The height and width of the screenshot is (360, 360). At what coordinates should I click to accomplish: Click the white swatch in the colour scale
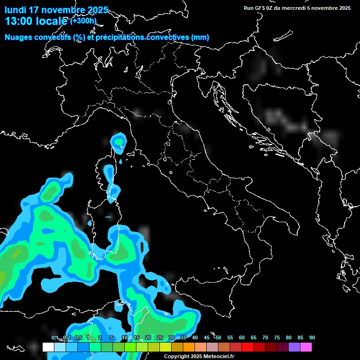[48, 347]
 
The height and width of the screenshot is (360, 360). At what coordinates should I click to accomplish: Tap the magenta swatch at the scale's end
[306, 347]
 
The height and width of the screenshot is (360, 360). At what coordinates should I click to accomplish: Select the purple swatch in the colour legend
[294, 347]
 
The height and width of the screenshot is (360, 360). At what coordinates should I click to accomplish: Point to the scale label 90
[312, 337]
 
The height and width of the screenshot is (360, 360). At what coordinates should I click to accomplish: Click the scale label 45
[207, 337]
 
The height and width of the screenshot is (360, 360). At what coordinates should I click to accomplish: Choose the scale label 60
[242, 337]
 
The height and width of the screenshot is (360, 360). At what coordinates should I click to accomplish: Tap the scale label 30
[172, 337]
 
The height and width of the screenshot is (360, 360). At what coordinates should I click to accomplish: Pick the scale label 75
[277, 337]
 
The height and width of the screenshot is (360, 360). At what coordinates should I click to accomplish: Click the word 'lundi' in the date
[15, 10]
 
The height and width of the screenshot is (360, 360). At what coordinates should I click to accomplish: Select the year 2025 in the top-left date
[97, 10]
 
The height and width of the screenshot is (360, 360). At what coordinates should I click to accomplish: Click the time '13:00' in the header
[19, 21]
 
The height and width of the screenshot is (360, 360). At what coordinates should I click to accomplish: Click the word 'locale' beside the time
[51, 21]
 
